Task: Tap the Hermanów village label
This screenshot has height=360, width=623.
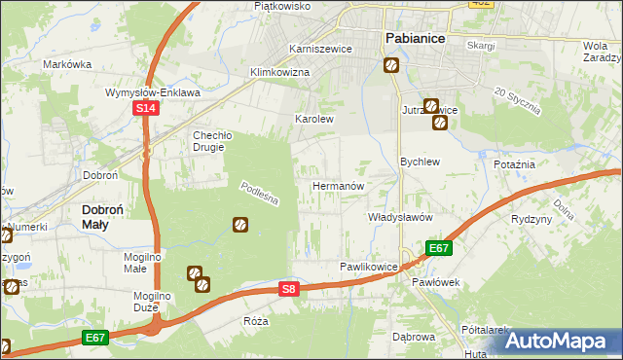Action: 338,185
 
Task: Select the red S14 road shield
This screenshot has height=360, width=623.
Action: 144,110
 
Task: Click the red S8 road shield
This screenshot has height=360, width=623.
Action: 288,289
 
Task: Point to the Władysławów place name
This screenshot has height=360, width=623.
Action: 400,217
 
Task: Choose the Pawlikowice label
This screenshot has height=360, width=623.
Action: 369,266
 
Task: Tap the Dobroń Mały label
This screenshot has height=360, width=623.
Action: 108,215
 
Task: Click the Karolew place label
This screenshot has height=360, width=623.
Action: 314,120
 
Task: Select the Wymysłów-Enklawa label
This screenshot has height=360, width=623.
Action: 153,92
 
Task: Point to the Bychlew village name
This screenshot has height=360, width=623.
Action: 421,162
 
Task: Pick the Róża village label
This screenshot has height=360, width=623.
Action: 256,320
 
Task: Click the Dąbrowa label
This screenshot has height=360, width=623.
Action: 413,337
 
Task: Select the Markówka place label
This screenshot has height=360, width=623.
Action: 67,64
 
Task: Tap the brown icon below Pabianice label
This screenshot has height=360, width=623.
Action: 390,65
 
